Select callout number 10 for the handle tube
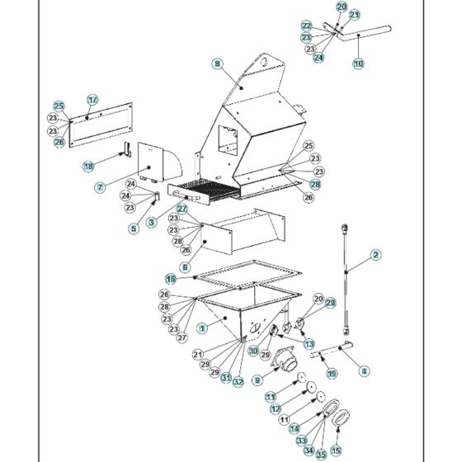(358, 63)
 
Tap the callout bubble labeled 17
(92, 100)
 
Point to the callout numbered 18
(88, 166)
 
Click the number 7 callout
(99, 187)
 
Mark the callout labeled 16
(170, 278)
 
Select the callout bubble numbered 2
(375, 255)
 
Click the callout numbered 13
(309, 343)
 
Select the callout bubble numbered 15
(335, 450)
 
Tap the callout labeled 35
(321, 454)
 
